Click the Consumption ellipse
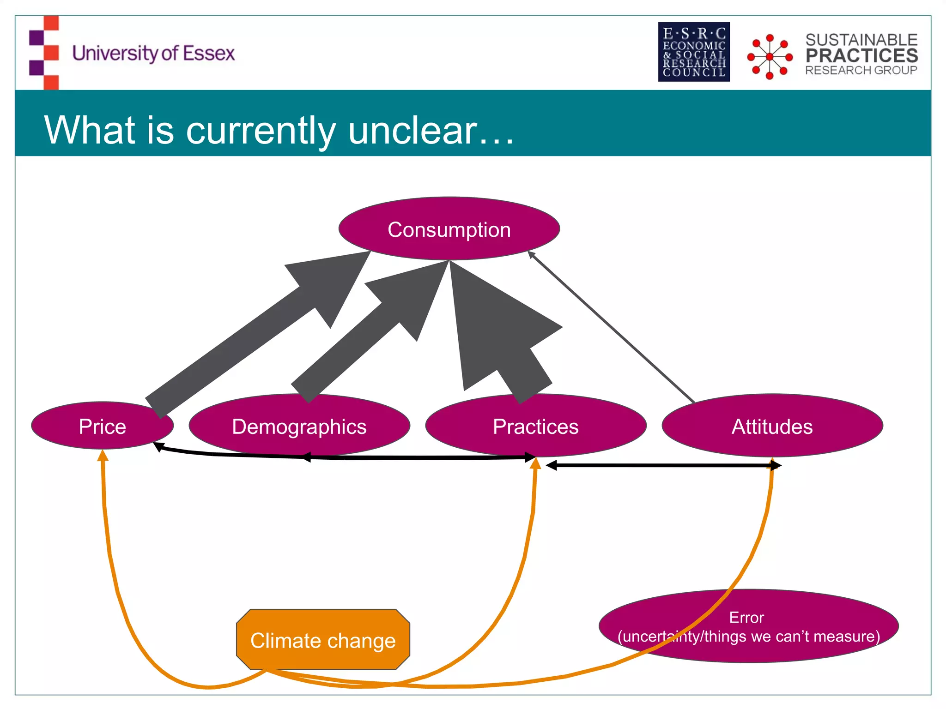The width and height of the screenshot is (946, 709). pyautogui.click(x=449, y=229)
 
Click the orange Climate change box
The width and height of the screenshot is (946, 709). pyautogui.click(x=323, y=640)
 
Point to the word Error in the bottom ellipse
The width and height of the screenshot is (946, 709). pyautogui.click(x=746, y=618)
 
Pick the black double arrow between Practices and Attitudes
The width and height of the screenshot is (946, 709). pyautogui.click(x=663, y=465)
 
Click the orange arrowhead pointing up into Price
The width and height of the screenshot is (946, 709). pyautogui.click(x=103, y=456)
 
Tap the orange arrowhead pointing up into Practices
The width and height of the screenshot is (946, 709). pyautogui.click(x=535, y=463)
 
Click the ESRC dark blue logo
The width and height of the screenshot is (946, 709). pyautogui.click(x=694, y=52)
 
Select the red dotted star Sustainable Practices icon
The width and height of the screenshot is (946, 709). pyautogui.click(x=770, y=57)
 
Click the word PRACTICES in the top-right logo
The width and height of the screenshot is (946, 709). pyautogui.click(x=861, y=55)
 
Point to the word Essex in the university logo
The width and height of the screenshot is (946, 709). pyautogui.click(x=209, y=53)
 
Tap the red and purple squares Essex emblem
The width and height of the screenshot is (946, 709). pyautogui.click(x=44, y=52)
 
